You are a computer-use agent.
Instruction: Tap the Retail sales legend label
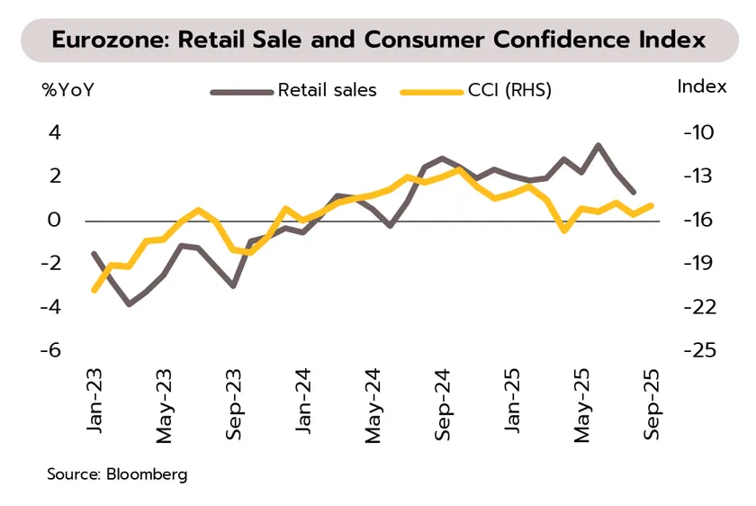click(327, 90)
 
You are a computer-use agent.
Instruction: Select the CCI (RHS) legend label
click(508, 90)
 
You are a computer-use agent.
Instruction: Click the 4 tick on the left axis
click(53, 132)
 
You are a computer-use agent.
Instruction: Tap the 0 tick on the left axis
click(53, 220)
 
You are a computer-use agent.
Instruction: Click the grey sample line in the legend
click(240, 91)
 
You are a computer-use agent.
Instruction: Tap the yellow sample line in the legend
click(429, 91)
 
